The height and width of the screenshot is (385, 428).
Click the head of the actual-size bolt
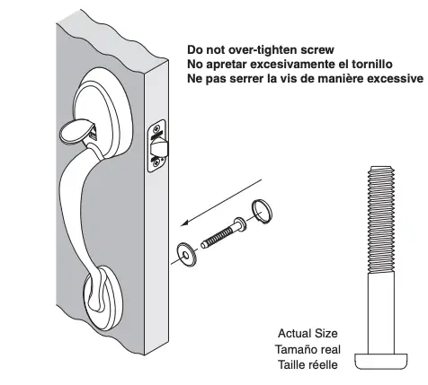(382, 361)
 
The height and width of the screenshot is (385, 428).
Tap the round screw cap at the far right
(261, 212)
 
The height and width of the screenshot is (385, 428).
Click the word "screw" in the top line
(315, 51)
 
